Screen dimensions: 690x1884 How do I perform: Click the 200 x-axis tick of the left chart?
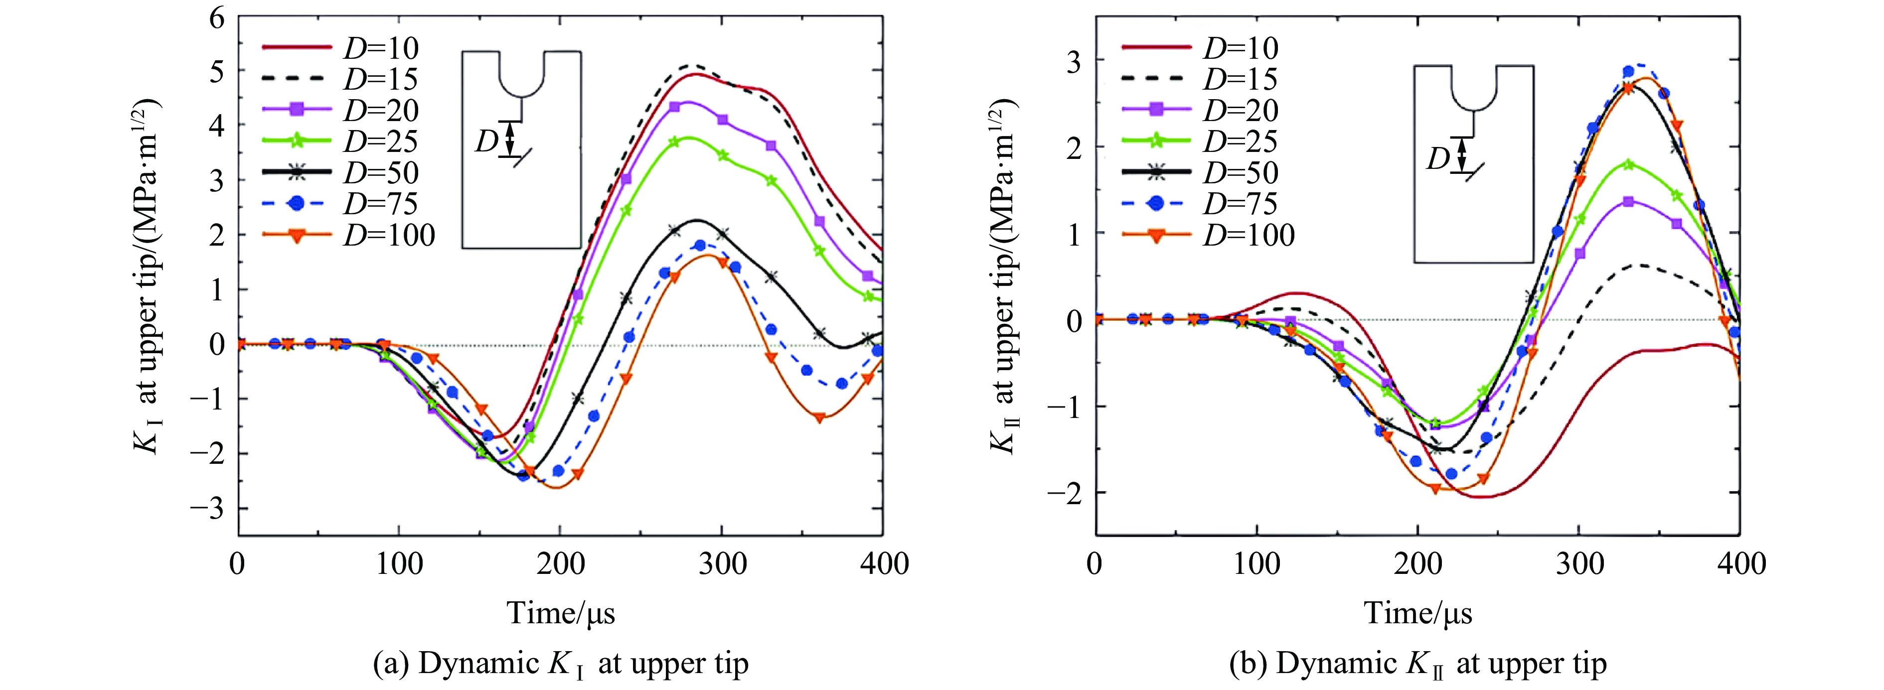(x=560, y=564)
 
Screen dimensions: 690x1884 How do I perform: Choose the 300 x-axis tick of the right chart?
(x=1578, y=564)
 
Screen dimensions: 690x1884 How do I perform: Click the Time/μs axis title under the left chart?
(x=561, y=612)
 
